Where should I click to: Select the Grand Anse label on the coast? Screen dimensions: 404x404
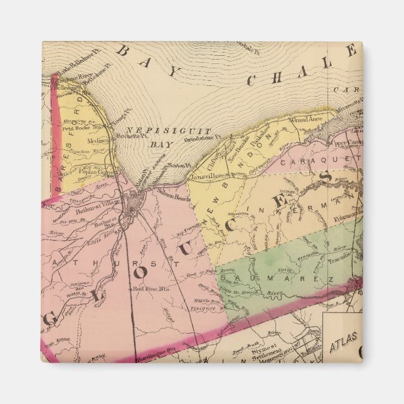click(x=306, y=117)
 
